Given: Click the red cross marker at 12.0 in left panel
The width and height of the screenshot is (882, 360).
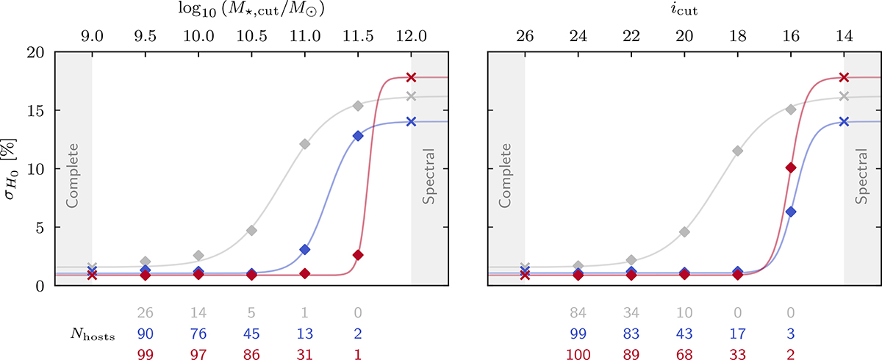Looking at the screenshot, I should coord(411,77).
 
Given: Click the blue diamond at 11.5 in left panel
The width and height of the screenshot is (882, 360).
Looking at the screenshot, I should coord(358,136).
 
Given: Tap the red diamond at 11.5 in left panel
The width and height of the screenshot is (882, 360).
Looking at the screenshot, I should coord(358,255).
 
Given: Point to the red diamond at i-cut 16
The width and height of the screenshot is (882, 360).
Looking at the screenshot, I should coord(791,168).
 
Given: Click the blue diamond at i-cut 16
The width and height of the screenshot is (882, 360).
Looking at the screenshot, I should coord(791,212).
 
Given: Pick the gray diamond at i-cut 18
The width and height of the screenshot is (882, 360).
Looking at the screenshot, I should coord(738,151).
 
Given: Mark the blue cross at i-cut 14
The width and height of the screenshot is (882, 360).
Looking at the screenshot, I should coord(844,121).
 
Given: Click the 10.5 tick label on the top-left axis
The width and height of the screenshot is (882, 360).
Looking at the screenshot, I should coord(251,35).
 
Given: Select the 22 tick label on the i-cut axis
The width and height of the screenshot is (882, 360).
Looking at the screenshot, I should coord(631,35).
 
